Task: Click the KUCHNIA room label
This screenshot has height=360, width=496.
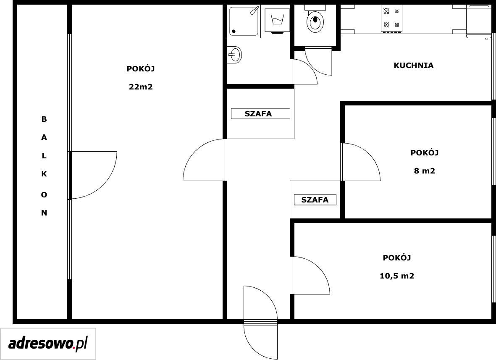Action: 413,66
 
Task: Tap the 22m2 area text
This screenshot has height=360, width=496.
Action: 141,87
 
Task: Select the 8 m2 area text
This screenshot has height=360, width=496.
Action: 425,171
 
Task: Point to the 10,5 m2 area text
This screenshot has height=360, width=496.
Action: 397,276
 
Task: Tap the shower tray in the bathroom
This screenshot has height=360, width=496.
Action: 245,21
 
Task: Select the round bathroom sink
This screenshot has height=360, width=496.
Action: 234,55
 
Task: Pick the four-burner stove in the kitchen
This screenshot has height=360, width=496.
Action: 391,18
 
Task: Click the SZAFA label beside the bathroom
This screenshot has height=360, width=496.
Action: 258,114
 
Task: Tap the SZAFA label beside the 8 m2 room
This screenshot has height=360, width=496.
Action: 315,200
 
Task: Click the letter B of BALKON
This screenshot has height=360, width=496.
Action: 44,119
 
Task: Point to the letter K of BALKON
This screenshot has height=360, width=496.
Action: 44,174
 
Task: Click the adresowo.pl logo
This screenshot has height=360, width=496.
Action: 48,344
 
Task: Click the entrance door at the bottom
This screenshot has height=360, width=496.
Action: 261,322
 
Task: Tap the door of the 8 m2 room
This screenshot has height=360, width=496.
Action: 361,162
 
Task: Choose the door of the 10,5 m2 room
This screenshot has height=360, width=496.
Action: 310,275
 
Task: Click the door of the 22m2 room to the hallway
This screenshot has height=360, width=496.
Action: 205,160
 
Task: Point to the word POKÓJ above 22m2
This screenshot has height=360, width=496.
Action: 141,68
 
